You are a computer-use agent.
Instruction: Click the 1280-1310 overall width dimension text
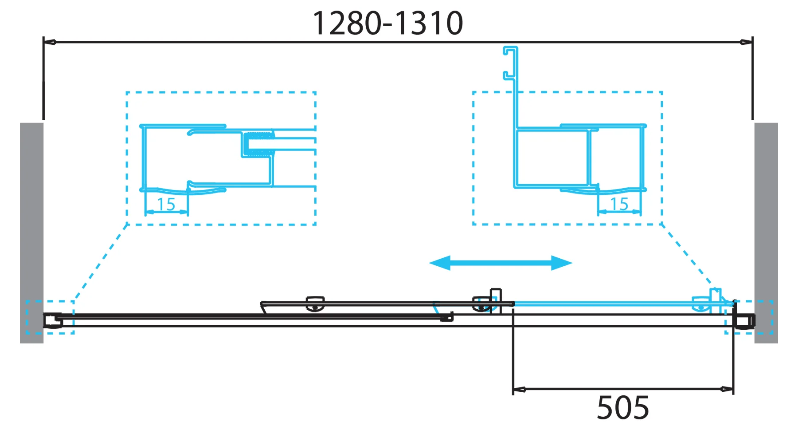click(x=388, y=24)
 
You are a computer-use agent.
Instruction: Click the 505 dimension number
click(x=622, y=408)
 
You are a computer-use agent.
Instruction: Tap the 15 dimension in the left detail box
click(x=166, y=205)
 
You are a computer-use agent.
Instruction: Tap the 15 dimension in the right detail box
click(x=619, y=204)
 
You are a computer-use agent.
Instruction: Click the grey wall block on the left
click(x=31, y=233)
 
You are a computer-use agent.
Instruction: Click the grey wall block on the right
click(x=766, y=233)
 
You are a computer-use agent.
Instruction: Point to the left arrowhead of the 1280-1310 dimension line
click(x=49, y=42)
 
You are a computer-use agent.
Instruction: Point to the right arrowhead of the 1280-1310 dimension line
click(x=747, y=42)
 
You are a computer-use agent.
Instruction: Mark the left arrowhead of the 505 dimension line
click(x=519, y=390)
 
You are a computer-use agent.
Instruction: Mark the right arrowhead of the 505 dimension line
click(x=727, y=390)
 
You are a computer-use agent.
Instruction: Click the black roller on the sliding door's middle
click(x=315, y=304)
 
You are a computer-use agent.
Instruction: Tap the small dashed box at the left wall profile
click(x=50, y=317)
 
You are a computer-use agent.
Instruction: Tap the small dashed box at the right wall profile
click(x=749, y=317)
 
